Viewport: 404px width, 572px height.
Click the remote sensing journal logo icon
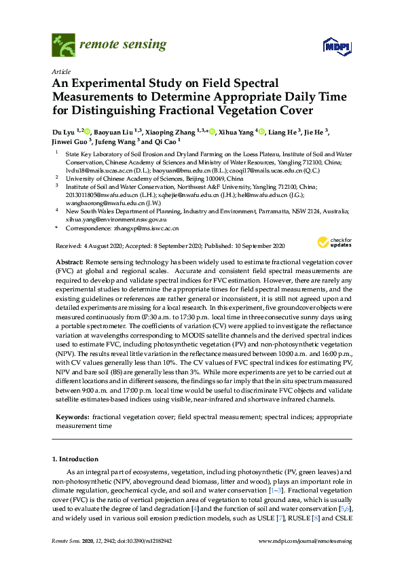[x=63, y=46]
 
